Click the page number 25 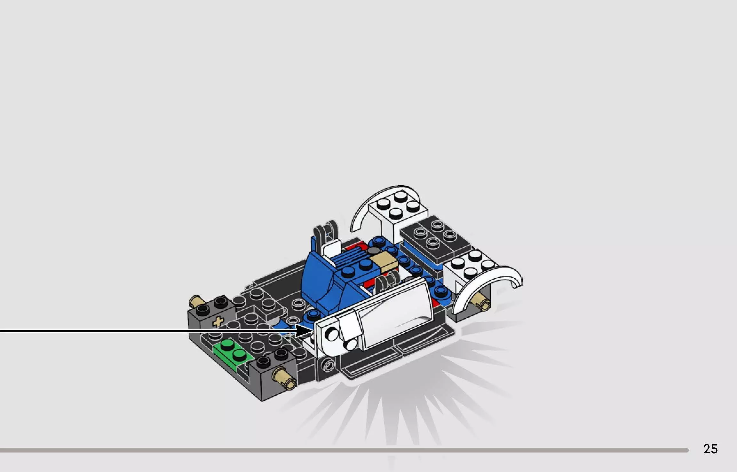pos(710,449)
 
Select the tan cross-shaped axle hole pos(218,322)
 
